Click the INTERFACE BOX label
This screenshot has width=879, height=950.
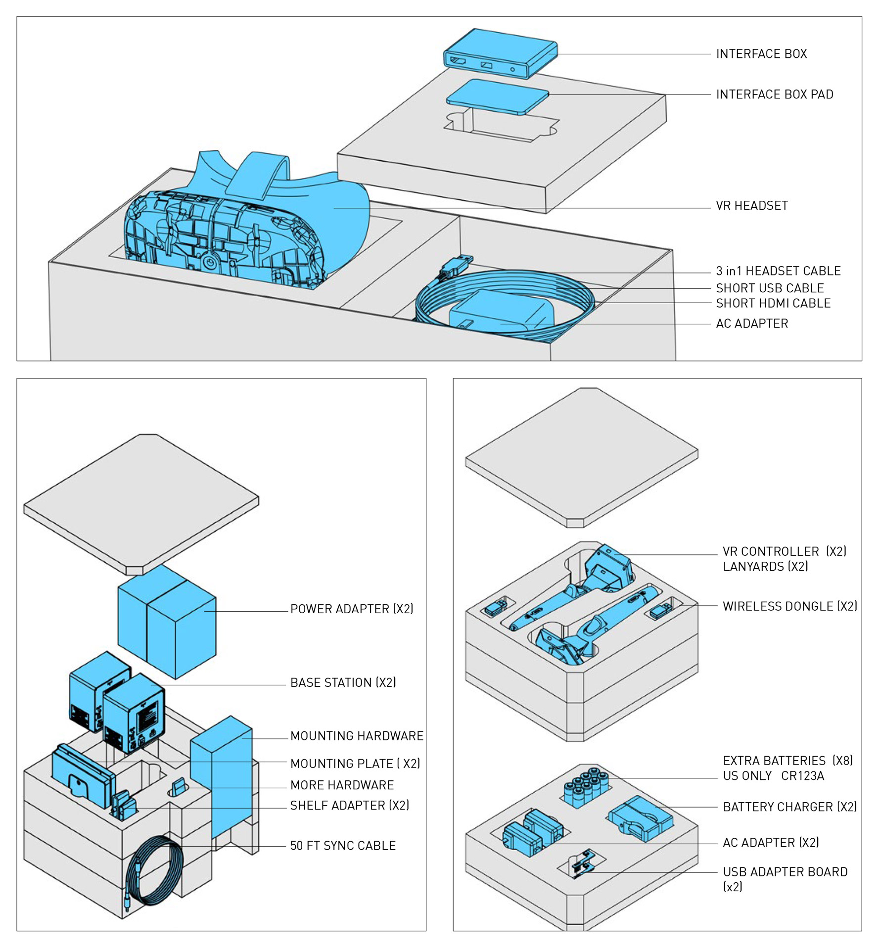pyautogui.click(x=761, y=54)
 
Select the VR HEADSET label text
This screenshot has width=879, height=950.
pyautogui.click(x=751, y=206)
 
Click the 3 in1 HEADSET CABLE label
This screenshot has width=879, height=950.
pyautogui.click(x=778, y=271)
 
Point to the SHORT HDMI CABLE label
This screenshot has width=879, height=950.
pyautogui.click(x=773, y=303)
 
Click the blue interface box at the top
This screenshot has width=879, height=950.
pyautogui.click(x=500, y=52)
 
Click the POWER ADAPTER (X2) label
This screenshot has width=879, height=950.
pyautogui.click(x=352, y=609)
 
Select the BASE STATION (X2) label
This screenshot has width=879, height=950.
pyautogui.click(x=343, y=682)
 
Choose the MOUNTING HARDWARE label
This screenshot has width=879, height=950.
pyautogui.click(x=357, y=736)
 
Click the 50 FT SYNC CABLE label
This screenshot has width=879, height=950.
pyautogui.click(x=343, y=846)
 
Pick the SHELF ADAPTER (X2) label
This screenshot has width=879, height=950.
pyautogui.click(x=349, y=806)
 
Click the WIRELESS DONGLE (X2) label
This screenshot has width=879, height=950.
pyautogui.click(x=789, y=606)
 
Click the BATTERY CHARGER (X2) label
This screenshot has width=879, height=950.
pyautogui.click(x=789, y=807)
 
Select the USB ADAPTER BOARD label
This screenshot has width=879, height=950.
pyautogui.click(x=785, y=872)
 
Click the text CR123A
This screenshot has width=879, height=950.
pyautogui.click(x=802, y=776)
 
